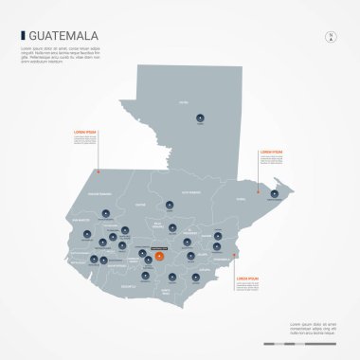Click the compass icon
(x=331, y=38)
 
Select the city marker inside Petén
(x=200, y=118)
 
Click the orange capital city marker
(x=160, y=256)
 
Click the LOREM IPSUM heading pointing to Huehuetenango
(x=84, y=133)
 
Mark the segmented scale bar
(x=297, y=344)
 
